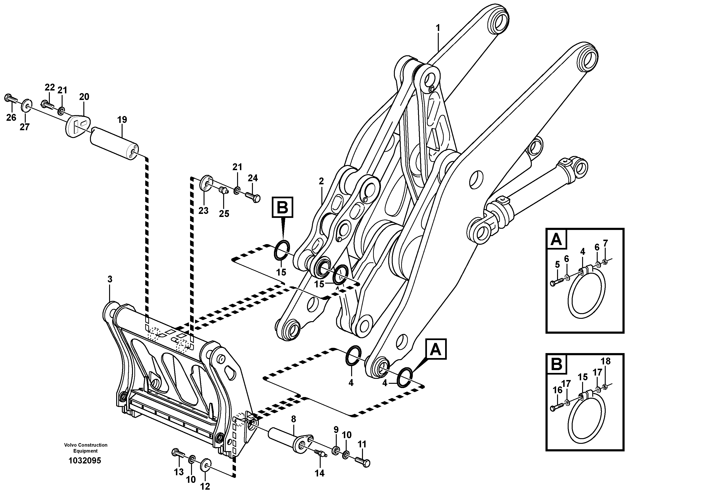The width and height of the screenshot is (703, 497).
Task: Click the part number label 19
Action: [x=122, y=120]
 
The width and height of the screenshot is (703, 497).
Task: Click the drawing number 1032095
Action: [x=85, y=461]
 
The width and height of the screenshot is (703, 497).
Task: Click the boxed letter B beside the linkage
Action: [x=282, y=207]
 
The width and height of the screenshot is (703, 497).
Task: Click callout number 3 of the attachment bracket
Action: [x=110, y=279]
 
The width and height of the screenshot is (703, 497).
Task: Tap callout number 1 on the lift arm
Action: [x=438, y=28]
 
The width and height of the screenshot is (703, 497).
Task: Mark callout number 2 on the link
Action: [x=321, y=181]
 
